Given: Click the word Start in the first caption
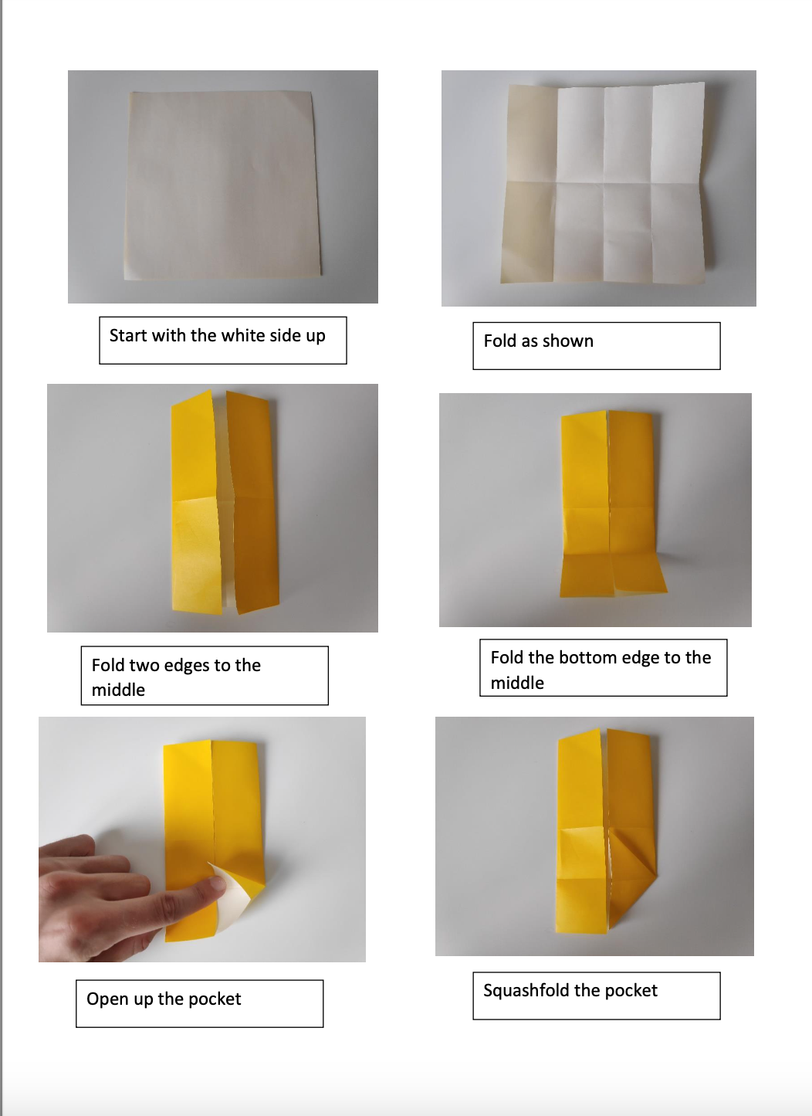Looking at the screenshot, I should point(127,335).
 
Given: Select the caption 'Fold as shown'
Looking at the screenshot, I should point(538,341).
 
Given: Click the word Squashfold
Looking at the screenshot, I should point(526,991).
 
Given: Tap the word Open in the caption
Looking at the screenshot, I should point(107,999).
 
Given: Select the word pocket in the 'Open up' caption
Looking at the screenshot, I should point(215,999).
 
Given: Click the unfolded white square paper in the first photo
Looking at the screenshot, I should point(222,185).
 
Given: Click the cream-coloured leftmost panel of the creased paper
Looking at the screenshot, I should point(529,185).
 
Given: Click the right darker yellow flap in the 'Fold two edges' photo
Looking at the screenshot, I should point(253,502).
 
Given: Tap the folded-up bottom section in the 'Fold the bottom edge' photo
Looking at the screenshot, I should point(612,573).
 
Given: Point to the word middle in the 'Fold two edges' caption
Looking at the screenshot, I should point(118,690).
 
